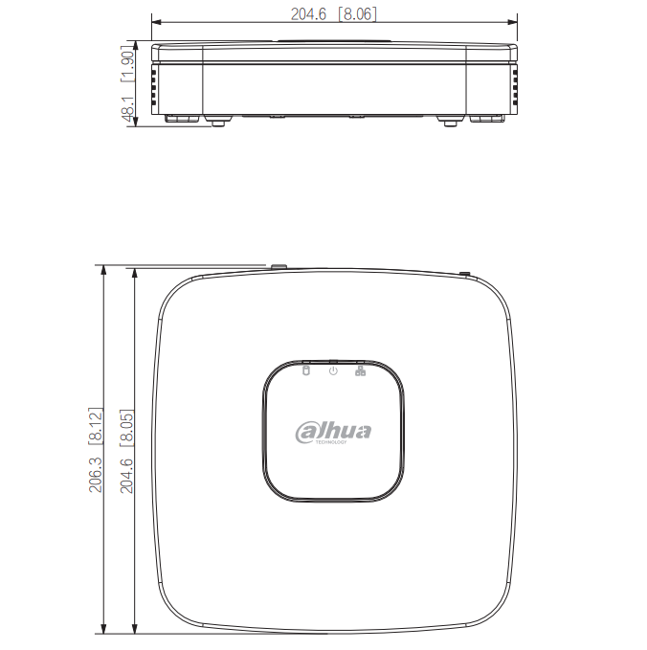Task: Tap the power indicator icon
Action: pyautogui.click(x=333, y=370)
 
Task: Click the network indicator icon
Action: pyautogui.click(x=360, y=370)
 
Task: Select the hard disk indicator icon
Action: pyautogui.click(x=306, y=370)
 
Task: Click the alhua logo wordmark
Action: pyautogui.click(x=333, y=432)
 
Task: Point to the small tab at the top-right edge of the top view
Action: pyautogui.click(x=464, y=273)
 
